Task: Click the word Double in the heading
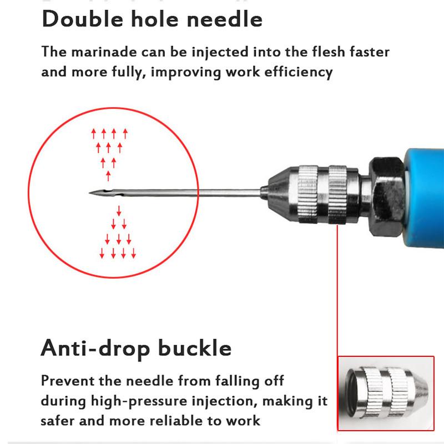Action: point(75,19)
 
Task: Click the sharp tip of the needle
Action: point(90,193)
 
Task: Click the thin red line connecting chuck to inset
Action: point(337,289)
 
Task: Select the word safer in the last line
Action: point(58,421)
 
